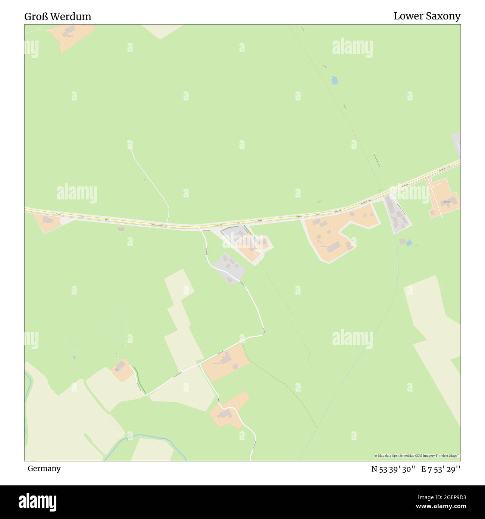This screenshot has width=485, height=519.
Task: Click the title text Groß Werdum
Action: [58, 16]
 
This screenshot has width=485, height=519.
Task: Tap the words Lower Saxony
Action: [427, 16]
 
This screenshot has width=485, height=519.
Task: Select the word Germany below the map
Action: [44, 468]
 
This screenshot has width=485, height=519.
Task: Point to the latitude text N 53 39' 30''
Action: [393, 469]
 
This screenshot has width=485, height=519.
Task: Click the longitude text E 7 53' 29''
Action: [441, 469]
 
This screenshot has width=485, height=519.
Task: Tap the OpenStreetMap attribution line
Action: [417, 456]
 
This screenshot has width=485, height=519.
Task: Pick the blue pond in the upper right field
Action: [335, 80]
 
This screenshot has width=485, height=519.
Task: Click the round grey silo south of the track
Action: [235, 367]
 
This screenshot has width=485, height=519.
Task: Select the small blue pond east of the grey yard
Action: [409, 243]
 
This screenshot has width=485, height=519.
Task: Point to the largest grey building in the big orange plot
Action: [334, 246]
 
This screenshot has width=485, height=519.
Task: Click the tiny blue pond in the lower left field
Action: [74, 357]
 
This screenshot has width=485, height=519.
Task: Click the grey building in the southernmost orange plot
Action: [225, 414]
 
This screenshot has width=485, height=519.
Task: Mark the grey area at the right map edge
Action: [457, 144]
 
